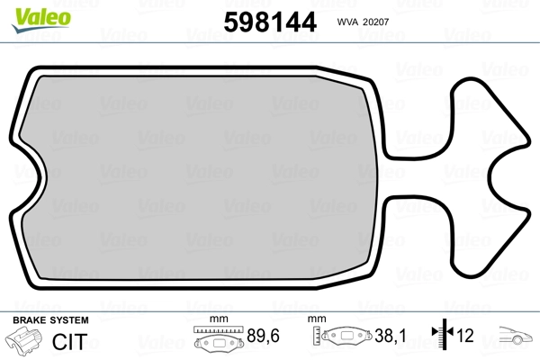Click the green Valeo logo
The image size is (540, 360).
coord(41,20)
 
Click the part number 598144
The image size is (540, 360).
coord(270,22)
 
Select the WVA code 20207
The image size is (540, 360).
coord(376,22)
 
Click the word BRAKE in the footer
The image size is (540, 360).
coord(30,320)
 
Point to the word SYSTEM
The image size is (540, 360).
coord(69,320)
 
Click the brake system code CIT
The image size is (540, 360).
coord(69,342)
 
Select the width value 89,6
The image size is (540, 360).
coord(263,336)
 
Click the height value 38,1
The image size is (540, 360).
coord(391,336)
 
